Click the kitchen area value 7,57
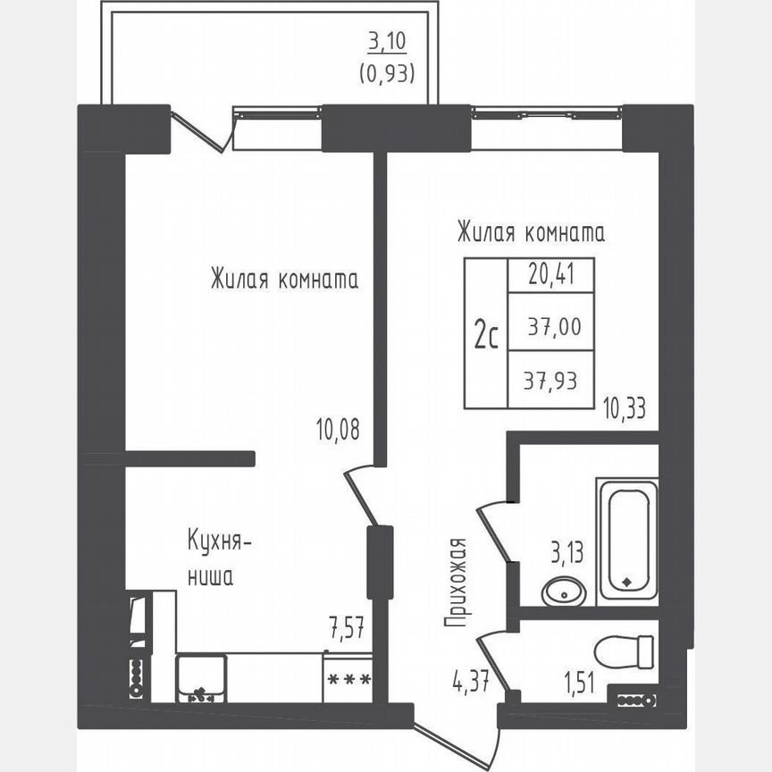click(348, 624)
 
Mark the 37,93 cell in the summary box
click(550, 381)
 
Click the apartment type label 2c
click(486, 336)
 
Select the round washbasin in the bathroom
click(564, 591)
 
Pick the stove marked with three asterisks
click(348, 679)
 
